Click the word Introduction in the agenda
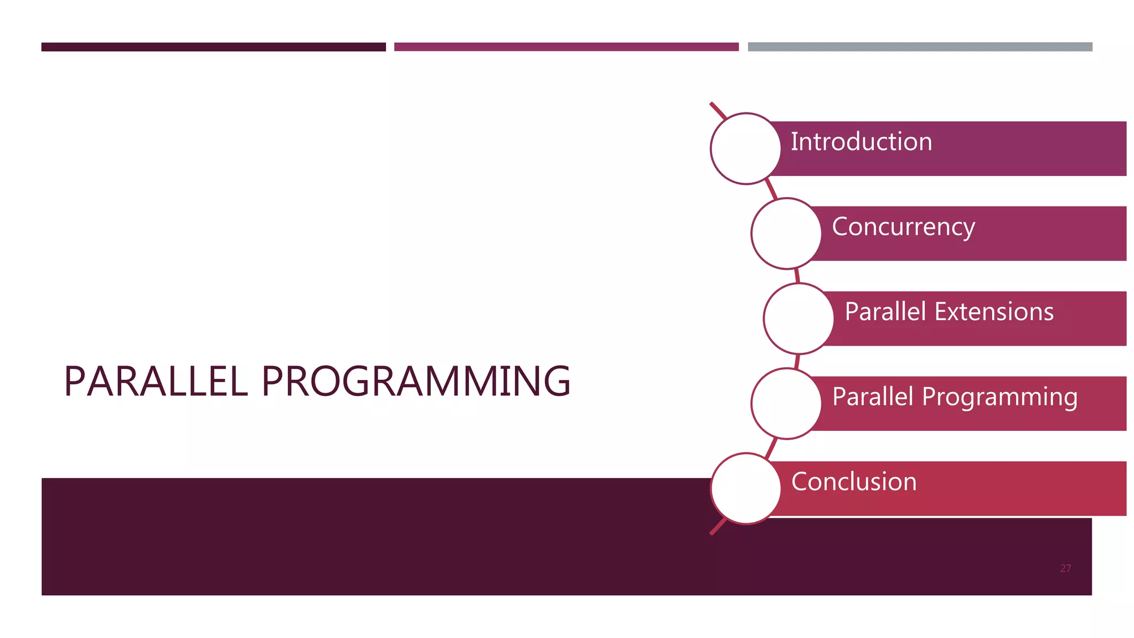861,142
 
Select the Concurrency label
903,227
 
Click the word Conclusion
854,482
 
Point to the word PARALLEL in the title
156,382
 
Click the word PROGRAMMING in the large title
416,382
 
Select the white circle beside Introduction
745,148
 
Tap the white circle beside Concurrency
786,234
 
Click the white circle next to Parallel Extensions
798,318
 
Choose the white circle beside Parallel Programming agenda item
786,404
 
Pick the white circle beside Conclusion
745,488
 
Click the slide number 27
1065,568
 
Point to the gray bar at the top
920,47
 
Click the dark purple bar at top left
213,47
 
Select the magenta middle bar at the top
566,47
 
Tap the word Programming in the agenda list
999,398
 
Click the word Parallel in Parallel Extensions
885,312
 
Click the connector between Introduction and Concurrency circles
771,189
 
